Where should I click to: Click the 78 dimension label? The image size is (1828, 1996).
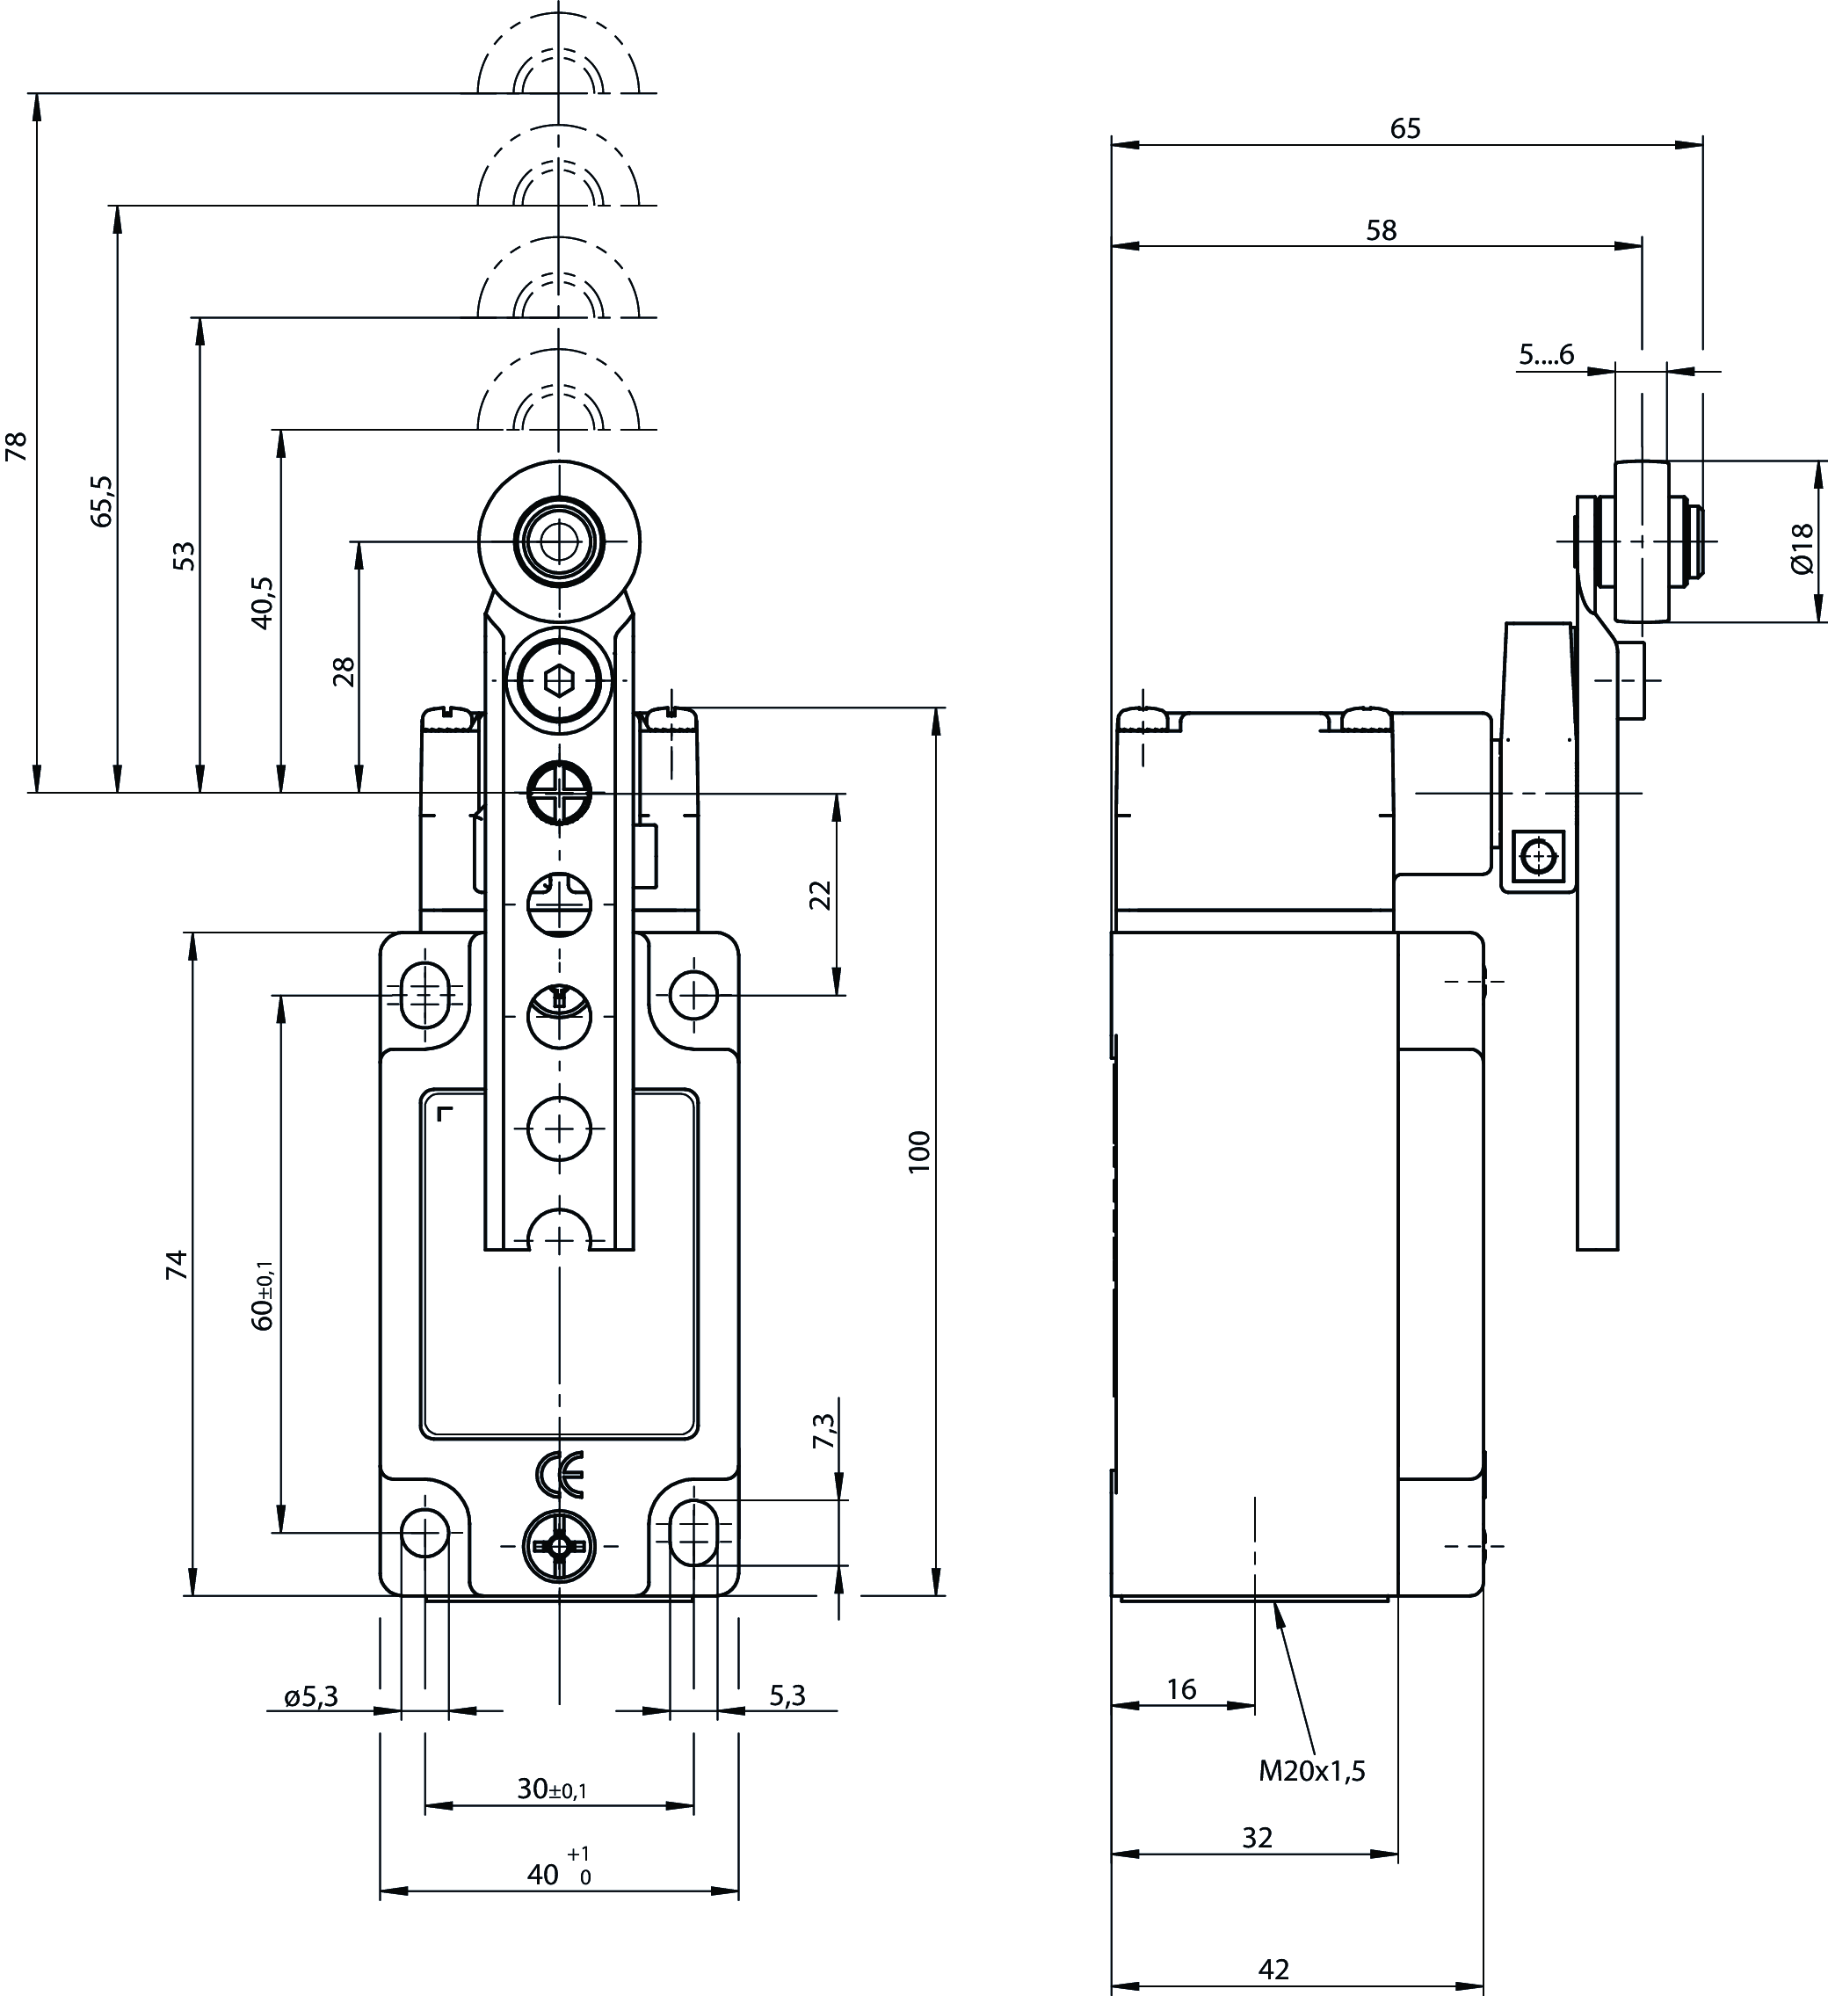coord(17,446)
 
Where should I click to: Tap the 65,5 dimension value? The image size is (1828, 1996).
coord(102,500)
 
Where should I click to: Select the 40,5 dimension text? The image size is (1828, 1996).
coord(263,602)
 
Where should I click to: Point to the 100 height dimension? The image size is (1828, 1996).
coord(920,1151)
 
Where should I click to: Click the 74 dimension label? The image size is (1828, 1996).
coord(177,1265)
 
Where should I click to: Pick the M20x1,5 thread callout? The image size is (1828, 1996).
coord(1311,1771)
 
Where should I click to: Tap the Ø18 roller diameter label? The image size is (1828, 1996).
coord(1802,548)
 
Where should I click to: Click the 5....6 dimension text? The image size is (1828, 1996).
coord(1546,353)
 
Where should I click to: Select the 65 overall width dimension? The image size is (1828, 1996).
coord(1405,128)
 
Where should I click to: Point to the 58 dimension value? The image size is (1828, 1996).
coord(1382,230)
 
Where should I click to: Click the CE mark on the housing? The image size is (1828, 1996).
coord(560,1473)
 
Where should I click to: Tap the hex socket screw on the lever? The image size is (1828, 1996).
coord(560,680)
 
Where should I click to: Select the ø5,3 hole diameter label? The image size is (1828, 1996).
coord(311,1696)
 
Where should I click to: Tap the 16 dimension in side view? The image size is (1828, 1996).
coord(1181,1689)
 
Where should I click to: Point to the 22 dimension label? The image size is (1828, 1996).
coord(821,895)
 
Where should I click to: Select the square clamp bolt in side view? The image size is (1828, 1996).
coord(1539,855)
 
